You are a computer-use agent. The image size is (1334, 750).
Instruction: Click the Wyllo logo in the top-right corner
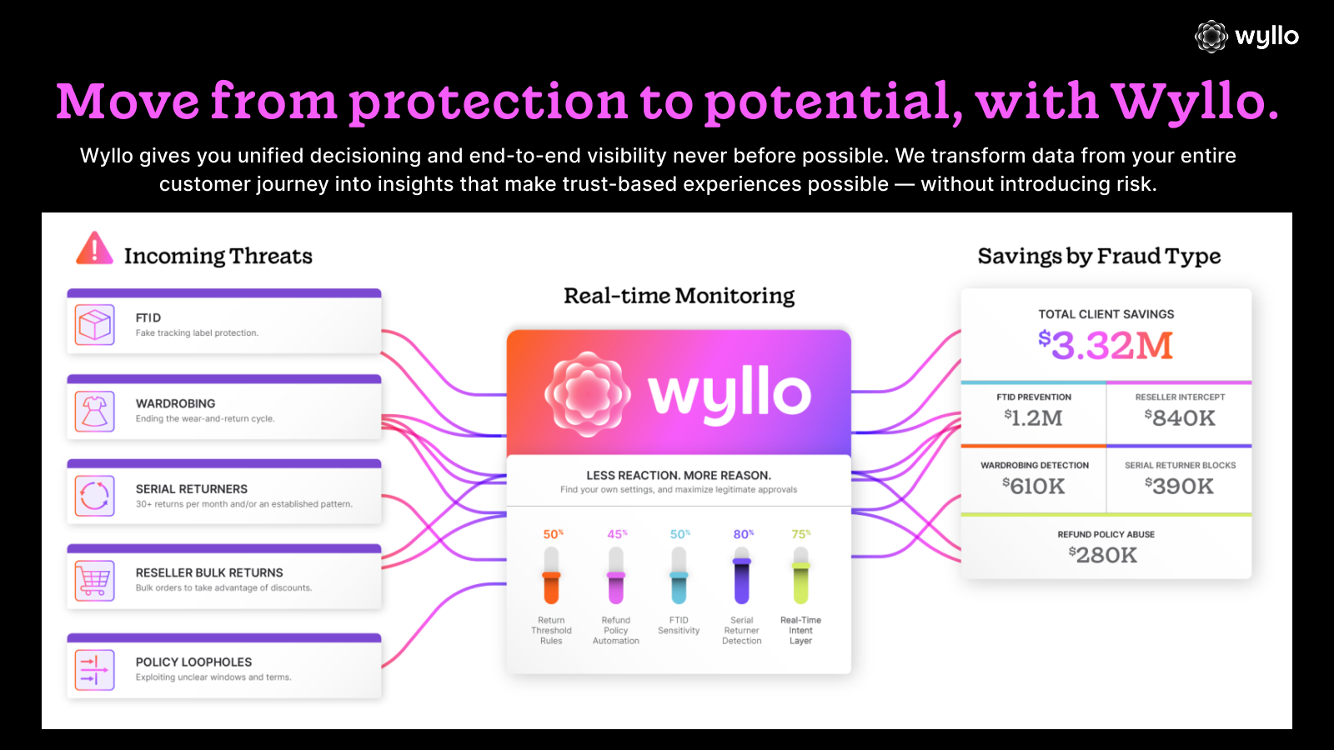click(x=1247, y=37)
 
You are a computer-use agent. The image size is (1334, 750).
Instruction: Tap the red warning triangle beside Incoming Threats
click(x=94, y=249)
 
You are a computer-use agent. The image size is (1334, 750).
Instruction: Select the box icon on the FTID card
click(x=94, y=325)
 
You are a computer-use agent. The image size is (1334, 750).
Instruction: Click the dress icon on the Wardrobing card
click(x=94, y=411)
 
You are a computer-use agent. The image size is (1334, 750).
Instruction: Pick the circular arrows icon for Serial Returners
click(x=94, y=496)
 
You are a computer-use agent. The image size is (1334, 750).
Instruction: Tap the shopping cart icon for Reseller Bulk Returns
click(x=94, y=580)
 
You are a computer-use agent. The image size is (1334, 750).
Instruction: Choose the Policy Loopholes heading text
click(x=193, y=662)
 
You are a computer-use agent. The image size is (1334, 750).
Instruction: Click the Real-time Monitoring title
click(x=679, y=296)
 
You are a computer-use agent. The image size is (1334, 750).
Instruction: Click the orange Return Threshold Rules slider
click(x=551, y=576)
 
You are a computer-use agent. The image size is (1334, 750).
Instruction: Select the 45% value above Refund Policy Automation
click(x=617, y=534)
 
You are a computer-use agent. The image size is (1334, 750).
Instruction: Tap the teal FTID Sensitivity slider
click(x=679, y=576)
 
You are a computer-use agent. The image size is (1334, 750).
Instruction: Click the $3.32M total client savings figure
click(x=1106, y=345)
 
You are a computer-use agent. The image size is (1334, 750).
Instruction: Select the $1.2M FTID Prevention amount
click(x=1034, y=417)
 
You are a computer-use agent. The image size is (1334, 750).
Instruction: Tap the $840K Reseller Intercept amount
click(x=1180, y=417)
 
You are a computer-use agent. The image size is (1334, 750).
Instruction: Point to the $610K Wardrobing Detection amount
click(x=1034, y=486)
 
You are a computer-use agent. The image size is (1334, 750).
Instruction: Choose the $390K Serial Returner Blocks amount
click(x=1180, y=486)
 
